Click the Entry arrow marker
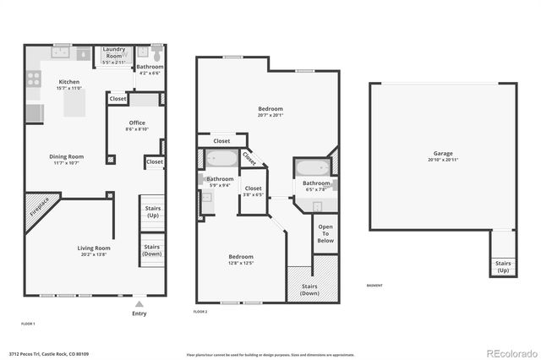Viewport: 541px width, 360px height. coord(139,303)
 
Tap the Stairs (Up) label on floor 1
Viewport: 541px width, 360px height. coord(152,211)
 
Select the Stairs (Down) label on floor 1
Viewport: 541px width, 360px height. coord(152,249)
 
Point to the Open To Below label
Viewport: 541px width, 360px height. coord(325,233)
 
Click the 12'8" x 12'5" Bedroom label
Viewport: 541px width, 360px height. coord(241,259)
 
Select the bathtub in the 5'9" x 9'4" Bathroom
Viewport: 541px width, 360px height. coord(222,158)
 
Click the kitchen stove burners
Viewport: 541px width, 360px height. coord(34,79)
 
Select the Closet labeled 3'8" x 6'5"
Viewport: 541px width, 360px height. coord(254,191)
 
